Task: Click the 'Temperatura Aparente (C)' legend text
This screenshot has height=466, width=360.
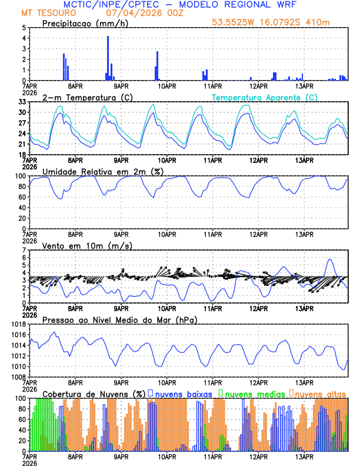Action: pos(264,97)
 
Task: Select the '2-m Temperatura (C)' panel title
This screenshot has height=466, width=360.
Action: pos(85,97)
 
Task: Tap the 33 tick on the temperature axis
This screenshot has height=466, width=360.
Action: pos(22,101)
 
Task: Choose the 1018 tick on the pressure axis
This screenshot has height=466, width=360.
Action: pos(18,324)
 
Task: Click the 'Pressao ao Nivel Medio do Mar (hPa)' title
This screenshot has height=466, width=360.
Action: pos(119,319)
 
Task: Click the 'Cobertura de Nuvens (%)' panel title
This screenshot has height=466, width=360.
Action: pos(94,393)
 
